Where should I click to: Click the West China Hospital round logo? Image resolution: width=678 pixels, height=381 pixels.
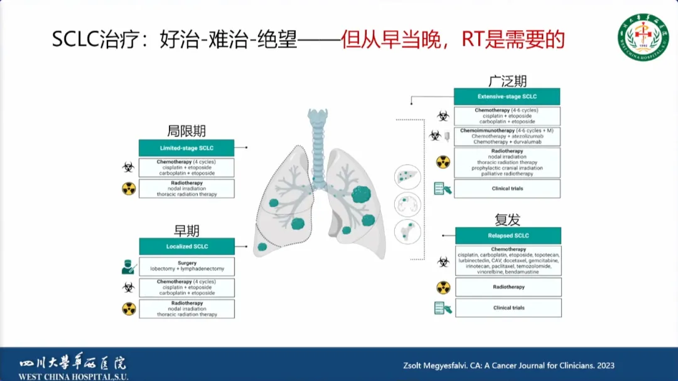[643, 36]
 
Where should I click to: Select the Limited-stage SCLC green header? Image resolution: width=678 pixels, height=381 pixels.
[186, 148]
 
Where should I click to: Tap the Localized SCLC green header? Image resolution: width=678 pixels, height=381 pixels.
[187, 246]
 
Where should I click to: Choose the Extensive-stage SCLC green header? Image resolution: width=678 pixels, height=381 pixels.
[507, 97]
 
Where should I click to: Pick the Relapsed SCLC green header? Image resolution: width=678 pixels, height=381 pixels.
[508, 236]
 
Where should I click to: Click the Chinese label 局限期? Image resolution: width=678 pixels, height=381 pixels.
[186, 131]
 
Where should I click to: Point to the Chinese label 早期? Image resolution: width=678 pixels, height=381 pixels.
[186, 229]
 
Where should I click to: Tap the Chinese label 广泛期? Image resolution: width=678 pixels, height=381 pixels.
[507, 81]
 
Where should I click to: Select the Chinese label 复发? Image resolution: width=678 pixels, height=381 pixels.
[507, 219]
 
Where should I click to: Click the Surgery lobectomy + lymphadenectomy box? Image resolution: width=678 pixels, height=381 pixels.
[187, 266]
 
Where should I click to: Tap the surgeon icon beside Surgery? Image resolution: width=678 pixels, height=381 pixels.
[129, 267]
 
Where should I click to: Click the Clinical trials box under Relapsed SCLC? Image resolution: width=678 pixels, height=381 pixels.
[508, 308]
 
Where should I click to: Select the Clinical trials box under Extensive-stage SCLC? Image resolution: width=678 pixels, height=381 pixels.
[507, 189]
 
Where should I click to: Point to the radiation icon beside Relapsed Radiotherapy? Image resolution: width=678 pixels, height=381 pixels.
[443, 287]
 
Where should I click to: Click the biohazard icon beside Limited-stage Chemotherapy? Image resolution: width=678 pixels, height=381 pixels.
[129, 168]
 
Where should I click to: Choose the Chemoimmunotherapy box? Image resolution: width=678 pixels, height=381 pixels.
[507, 136]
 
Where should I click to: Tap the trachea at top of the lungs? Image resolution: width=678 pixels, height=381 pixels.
[317, 135]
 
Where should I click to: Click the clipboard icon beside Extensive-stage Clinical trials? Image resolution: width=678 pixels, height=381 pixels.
[443, 188]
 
